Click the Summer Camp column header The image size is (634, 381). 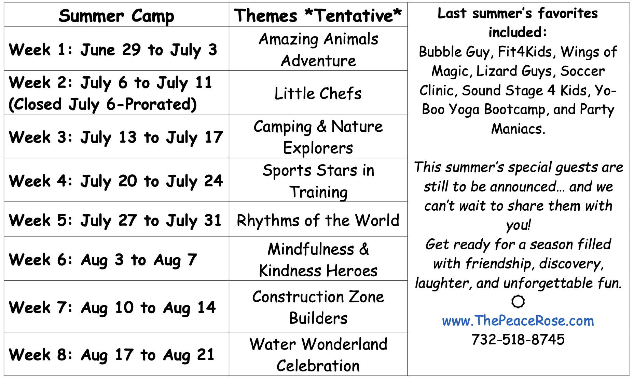[116, 15]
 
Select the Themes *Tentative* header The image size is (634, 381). [318, 15]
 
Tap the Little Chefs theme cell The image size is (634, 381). [318, 93]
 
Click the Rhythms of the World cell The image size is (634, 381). [318, 220]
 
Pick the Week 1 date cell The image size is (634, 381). [116, 49]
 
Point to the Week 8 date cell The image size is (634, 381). [116, 354]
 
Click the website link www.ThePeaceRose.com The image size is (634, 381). [518, 321]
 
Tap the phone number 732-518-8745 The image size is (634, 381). [518, 340]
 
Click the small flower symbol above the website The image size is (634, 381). [518, 301]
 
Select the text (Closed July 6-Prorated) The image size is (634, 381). [103, 104]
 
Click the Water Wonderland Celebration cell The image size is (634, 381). [318, 354]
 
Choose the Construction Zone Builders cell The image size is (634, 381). [318, 306]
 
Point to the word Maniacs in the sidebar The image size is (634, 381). [518, 129]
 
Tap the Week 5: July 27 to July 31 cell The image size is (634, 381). [116, 220]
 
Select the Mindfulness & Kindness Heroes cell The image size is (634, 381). [318, 259]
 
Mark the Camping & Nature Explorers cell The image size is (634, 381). [318, 136]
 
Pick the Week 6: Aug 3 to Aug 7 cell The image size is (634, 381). [116, 259]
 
